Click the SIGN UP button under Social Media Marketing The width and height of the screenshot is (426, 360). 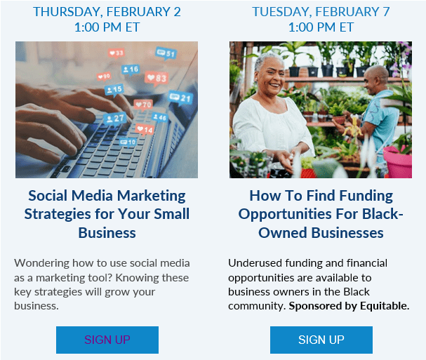click(107, 340)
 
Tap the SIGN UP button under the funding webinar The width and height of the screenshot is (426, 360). click(321, 340)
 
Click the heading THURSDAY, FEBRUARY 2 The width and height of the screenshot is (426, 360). click(107, 12)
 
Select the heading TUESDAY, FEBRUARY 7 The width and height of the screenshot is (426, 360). click(321, 12)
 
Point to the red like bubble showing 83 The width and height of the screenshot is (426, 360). click(157, 78)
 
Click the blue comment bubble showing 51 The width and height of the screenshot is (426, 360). click(166, 53)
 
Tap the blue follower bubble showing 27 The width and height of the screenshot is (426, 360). click(115, 119)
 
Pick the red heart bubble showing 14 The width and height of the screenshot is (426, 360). click(145, 130)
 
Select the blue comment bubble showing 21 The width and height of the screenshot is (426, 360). click(180, 98)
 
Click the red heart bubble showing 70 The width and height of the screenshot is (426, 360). click(143, 105)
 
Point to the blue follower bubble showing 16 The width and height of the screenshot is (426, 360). click(131, 69)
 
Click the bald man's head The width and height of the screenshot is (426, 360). click(376, 79)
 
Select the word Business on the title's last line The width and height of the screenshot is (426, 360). click(107, 233)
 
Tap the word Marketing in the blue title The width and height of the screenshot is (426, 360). click(152, 196)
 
